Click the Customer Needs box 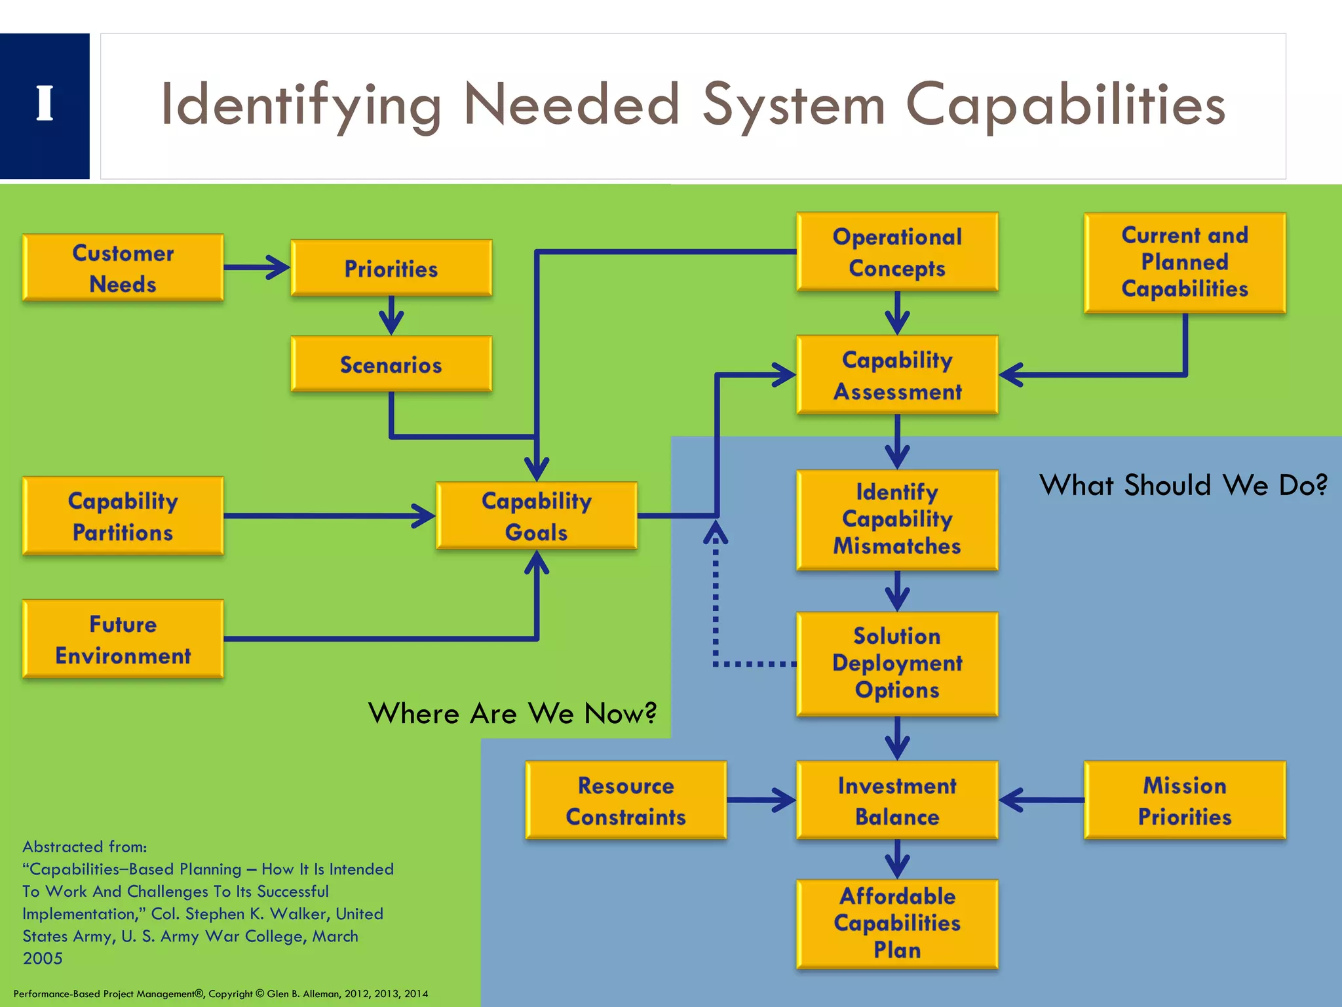pyautogui.click(x=123, y=268)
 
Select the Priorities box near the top pyautogui.click(x=391, y=268)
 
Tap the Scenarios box pyautogui.click(x=391, y=365)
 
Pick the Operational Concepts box pyautogui.click(x=897, y=252)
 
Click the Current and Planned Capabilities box pyautogui.click(x=1185, y=262)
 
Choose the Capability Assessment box pyautogui.click(x=897, y=375)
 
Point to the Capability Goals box pyautogui.click(x=537, y=516)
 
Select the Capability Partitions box pyautogui.click(x=123, y=516)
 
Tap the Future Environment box pyautogui.click(x=123, y=639)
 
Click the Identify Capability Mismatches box pyautogui.click(x=897, y=519)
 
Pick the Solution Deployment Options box pyautogui.click(x=897, y=663)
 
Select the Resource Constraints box pyautogui.click(x=626, y=800)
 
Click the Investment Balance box pyautogui.click(x=897, y=800)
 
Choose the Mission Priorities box pyautogui.click(x=1185, y=800)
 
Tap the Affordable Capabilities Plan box pyautogui.click(x=897, y=923)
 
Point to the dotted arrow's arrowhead pyautogui.click(x=716, y=531)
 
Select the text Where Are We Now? pyautogui.click(x=512, y=713)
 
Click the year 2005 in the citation pyautogui.click(x=43, y=958)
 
